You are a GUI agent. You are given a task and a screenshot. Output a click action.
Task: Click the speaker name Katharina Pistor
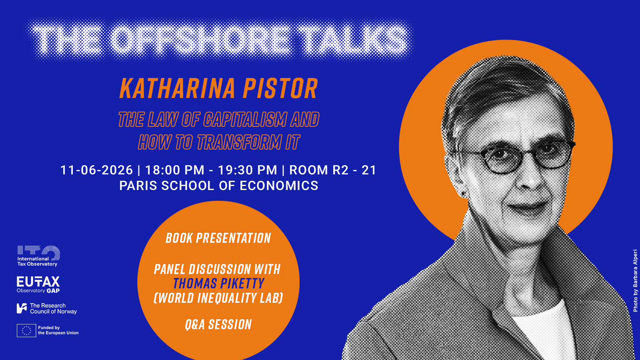pyautogui.click(x=218, y=88)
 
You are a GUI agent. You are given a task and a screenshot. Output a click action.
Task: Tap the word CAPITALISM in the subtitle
pyautogui.click(x=244, y=120)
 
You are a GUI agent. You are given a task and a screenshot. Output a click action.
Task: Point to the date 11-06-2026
pyautogui.click(x=97, y=170)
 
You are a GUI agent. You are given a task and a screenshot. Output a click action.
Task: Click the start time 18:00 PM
pyautogui.click(x=175, y=170)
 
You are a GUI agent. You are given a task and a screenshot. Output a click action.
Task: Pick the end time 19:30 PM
pyautogui.click(x=248, y=170)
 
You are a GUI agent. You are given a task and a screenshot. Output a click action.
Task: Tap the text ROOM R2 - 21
pyautogui.click(x=333, y=170)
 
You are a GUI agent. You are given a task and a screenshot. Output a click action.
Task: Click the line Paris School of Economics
pyautogui.click(x=219, y=186)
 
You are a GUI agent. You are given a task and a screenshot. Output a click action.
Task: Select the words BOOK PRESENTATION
pyautogui.click(x=218, y=238)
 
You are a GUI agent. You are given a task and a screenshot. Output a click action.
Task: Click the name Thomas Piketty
pyautogui.click(x=218, y=284)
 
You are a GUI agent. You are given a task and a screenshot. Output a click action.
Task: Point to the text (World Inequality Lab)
pyautogui.click(x=218, y=298)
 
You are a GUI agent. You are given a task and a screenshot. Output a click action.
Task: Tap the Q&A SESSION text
pyautogui.click(x=218, y=324)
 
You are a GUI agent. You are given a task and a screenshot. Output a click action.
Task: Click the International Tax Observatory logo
pyautogui.click(x=38, y=256)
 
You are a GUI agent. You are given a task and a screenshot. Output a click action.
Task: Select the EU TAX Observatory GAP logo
pyautogui.click(x=38, y=284)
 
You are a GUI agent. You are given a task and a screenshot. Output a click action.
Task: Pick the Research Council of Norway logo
pyautogui.click(x=47, y=308)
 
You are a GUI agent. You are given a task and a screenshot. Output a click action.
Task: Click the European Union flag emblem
pyautogui.click(x=26, y=330)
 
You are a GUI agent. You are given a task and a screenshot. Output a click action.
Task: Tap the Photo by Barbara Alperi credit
pyautogui.click(x=635, y=280)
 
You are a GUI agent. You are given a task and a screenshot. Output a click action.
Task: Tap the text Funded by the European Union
pyautogui.click(x=58, y=330)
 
